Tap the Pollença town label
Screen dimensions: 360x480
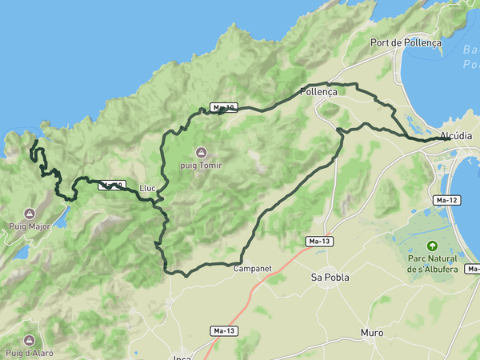point(318,92)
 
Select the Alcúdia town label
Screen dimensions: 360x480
point(455,136)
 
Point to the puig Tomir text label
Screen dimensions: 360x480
point(201,166)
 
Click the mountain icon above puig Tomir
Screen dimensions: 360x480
point(201,152)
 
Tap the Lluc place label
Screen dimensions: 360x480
point(147,188)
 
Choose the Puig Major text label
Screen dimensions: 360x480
point(30,226)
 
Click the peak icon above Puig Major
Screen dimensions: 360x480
point(30,214)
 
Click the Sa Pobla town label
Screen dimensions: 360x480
point(330,277)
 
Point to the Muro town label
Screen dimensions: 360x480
point(372,332)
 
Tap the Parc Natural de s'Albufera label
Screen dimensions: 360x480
point(432,264)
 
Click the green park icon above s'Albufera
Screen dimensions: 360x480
point(433,246)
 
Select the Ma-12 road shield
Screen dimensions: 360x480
point(446,199)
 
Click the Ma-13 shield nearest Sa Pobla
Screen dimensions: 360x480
point(319,240)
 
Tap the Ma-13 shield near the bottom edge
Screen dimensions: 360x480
point(224,330)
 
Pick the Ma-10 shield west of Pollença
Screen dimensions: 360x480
point(223,107)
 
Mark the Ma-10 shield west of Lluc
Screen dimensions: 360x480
point(111,186)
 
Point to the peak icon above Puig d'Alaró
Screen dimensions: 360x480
point(30,340)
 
